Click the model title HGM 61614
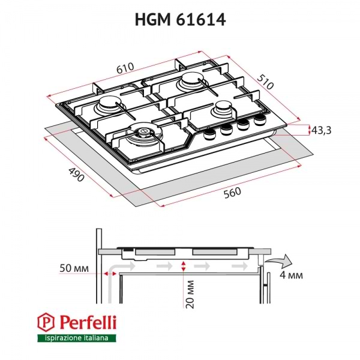(180, 20)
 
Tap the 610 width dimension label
(125, 68)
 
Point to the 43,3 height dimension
(323, 131)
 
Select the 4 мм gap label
(291, 275)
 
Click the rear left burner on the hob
(110, 106)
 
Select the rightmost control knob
(260, 121)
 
